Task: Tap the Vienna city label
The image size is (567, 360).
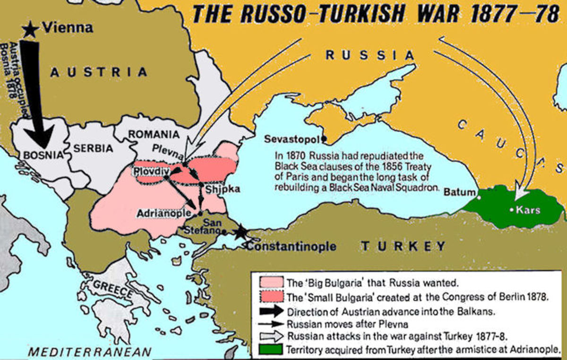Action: pyautogui.click(x=68, y=28)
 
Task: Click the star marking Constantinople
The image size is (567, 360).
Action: pyautogui.click(x=241, y=231)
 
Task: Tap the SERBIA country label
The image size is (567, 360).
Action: pyautogui.click(x=94, y=148)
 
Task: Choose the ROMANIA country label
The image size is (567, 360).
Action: pyautogui.click(x=154, y=134)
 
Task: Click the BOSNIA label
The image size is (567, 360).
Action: pyautogui.click(x=43, y=154)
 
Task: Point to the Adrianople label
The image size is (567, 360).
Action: pyautogui.click(x=160, y=214)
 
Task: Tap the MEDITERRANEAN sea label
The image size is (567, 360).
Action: pyautogui.click(x=90, y=351)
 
